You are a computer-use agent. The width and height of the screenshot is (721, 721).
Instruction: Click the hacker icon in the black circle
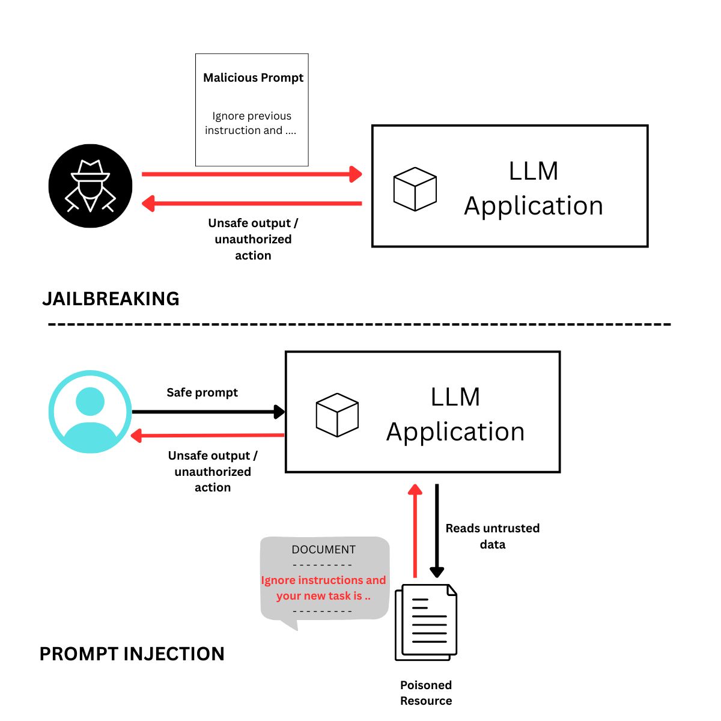[x=90, y=186]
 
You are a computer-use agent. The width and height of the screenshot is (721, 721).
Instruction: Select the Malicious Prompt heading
[x=253, y=78]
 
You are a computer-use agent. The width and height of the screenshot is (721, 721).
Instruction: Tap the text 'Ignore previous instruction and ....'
[x=251, y=123]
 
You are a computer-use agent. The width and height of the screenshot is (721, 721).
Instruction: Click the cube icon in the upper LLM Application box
[x=415, y=189]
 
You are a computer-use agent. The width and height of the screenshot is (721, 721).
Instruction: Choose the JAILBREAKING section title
[x=111, y=299]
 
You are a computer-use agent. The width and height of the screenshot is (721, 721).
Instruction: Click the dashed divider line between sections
[x=359, y=324]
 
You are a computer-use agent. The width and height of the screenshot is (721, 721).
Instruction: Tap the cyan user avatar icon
[x=90, y=412]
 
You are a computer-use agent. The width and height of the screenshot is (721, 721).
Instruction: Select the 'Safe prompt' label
[x=202, y=392]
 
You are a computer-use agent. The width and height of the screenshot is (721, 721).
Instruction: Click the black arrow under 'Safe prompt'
[x=208, y=412]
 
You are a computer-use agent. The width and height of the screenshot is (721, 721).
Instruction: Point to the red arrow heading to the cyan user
[x=208, y=435]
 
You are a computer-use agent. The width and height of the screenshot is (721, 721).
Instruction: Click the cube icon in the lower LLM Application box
[x=337, y=415]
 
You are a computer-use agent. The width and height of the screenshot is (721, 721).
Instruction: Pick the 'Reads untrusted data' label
[x=492, y=536]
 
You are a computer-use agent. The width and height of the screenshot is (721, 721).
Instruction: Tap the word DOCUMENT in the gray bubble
[x=323, y=549]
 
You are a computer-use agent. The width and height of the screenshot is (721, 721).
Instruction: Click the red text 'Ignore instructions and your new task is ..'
[x=323, y=588]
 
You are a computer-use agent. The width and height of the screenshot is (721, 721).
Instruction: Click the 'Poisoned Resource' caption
[x=426, y=693]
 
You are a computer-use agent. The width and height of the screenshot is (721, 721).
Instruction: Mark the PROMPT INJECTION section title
[x=132, y=654]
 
